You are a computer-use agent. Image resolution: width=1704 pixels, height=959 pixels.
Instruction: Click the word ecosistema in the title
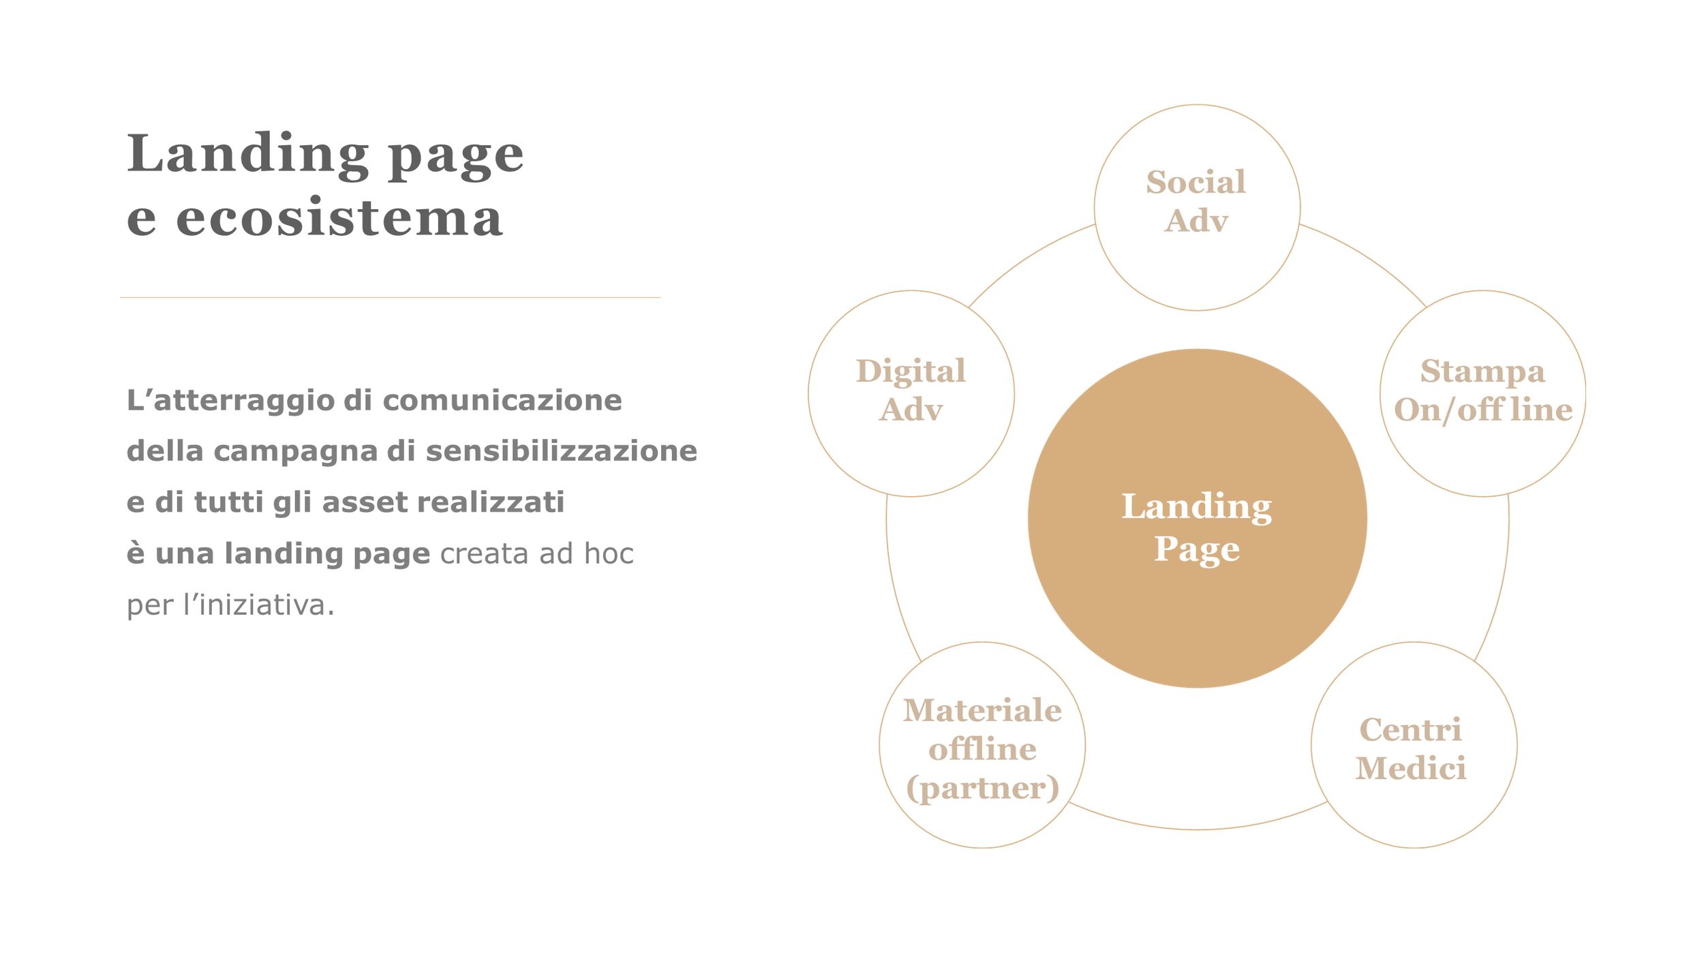[339, 218]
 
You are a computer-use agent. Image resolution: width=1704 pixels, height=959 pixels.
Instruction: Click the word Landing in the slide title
[247, 154]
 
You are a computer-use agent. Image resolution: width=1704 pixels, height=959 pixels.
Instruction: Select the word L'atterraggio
[230, 400]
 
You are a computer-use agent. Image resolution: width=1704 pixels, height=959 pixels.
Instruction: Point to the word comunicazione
[502, 400]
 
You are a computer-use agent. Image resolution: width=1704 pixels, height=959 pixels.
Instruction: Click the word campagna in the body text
[295, 451]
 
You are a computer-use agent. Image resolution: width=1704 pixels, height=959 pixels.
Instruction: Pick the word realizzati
[490, 502]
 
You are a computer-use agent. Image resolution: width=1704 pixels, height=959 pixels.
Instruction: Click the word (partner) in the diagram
[982, 788]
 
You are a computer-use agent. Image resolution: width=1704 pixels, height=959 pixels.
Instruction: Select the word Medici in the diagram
[1410, 769]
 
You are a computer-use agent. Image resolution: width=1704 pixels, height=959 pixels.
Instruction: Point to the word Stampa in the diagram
[1482, 371]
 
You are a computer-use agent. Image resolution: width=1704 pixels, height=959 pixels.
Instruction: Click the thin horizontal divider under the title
[390, 297]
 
